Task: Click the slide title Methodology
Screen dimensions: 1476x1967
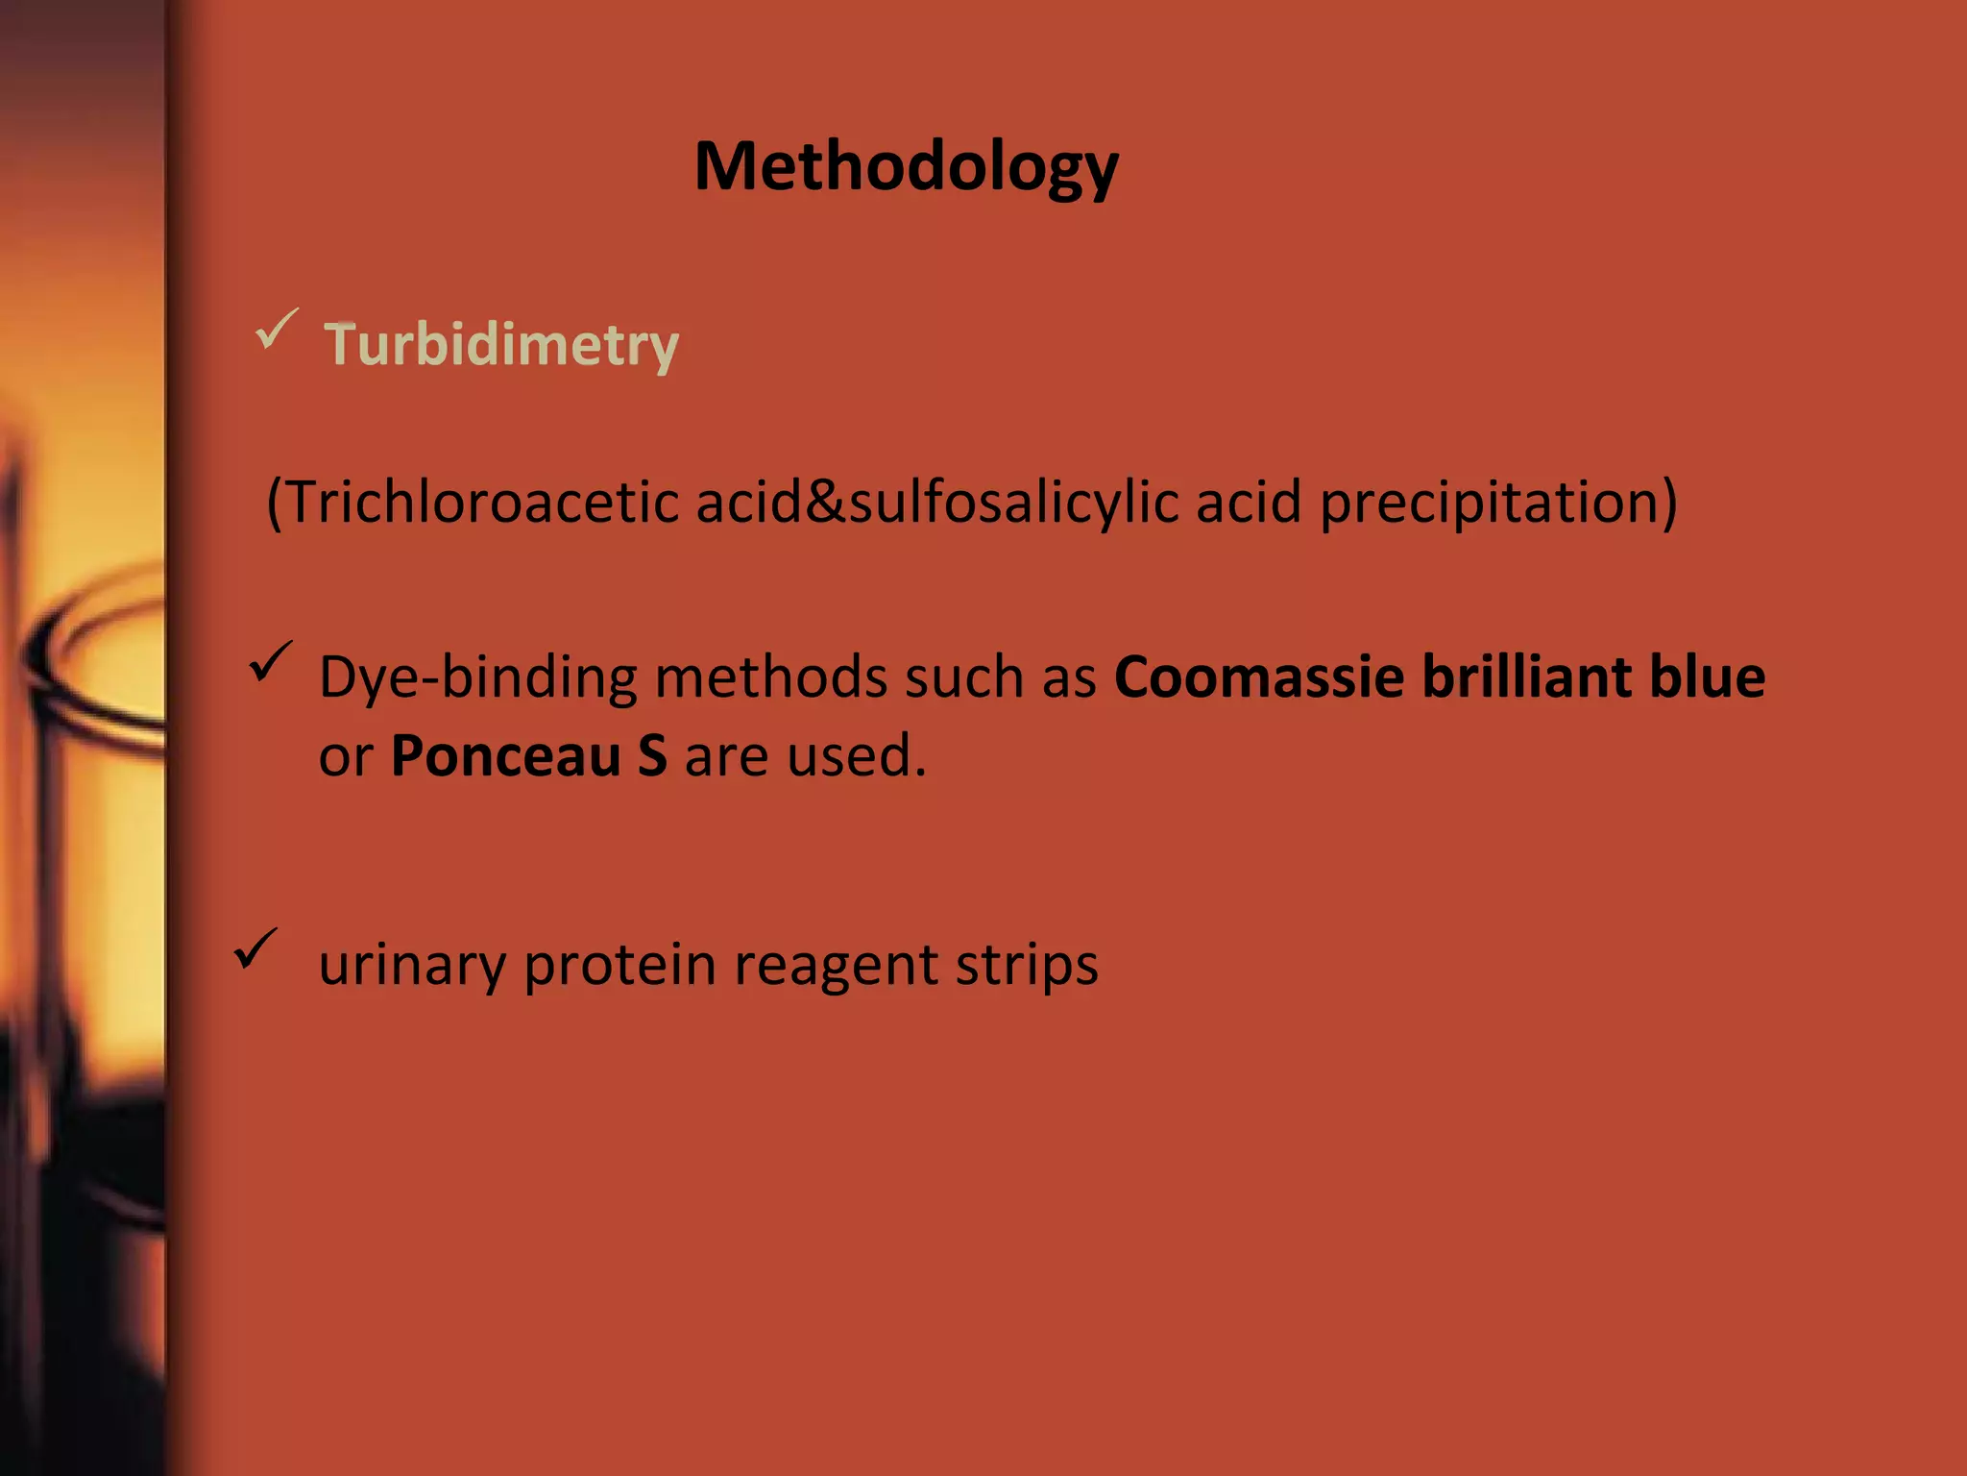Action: tap(906, 168)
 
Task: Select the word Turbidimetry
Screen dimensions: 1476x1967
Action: tap(500, 344)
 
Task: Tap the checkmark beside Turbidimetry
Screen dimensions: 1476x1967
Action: tap(277, 330)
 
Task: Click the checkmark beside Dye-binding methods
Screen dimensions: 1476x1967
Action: tap(270, 663)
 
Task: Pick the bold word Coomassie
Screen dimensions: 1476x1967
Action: tap(1259, 676)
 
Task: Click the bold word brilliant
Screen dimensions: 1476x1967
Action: tap(1526, 676)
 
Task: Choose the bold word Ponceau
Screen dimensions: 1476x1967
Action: tap(506, 755)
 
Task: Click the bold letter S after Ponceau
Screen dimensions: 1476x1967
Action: tap(652, 755)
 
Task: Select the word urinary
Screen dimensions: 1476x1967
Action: tap(412, 965)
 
